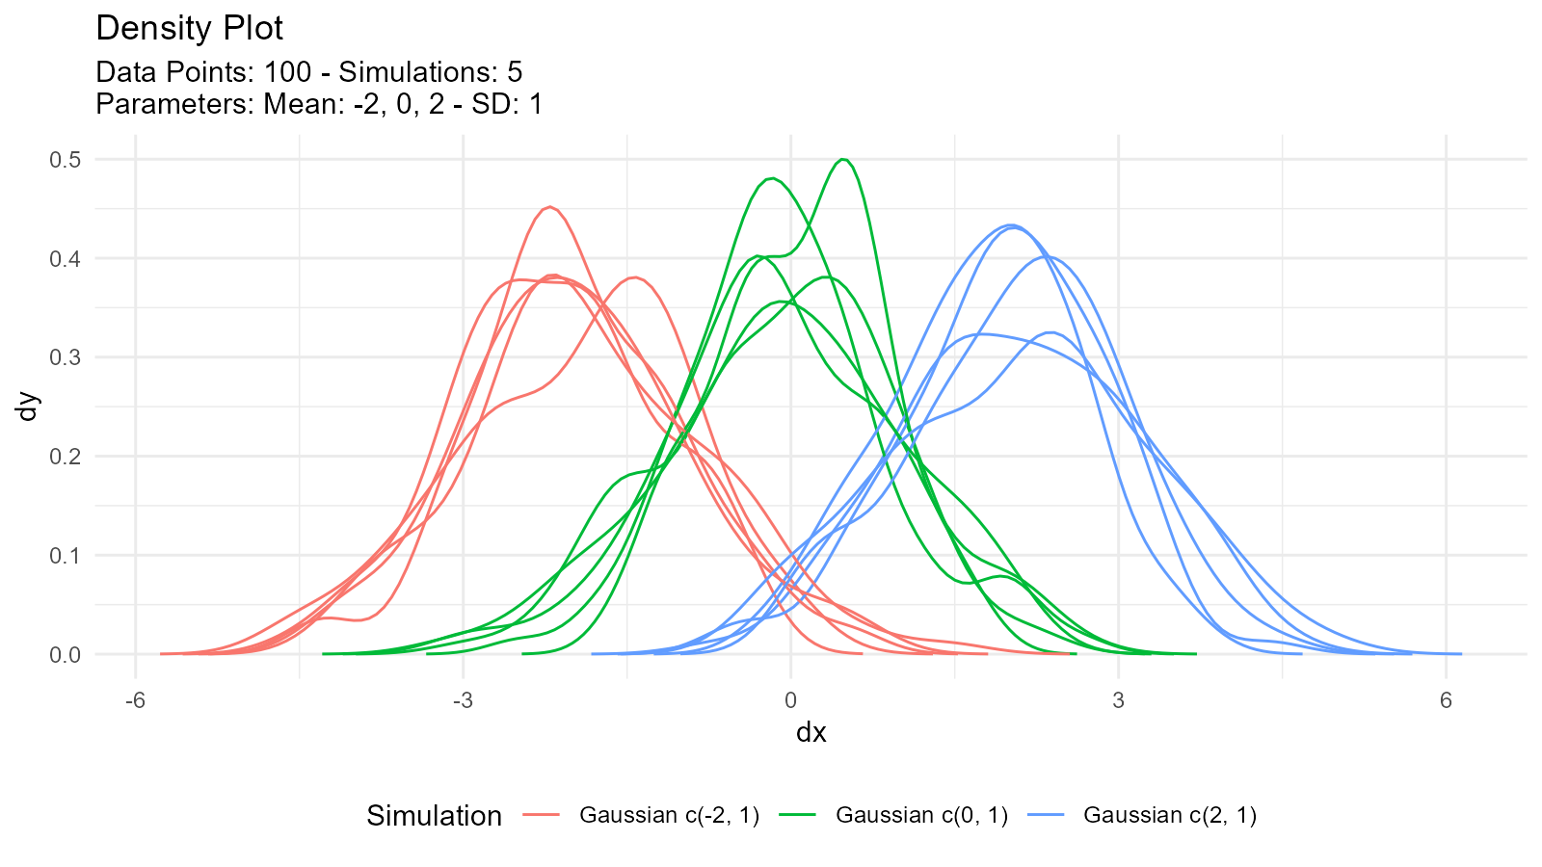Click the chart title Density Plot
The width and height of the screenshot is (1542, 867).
click(189, 29)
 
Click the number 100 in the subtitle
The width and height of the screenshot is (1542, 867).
click(287, 72)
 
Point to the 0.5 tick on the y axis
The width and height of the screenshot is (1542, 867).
click(66, 159)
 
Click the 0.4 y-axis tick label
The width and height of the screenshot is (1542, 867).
click(66, 258)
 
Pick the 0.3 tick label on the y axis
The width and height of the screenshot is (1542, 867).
click(66, 357)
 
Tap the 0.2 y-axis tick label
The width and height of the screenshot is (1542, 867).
click(66, 457)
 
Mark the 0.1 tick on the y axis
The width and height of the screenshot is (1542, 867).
click(66, 556)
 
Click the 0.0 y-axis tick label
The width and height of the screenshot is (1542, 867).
click(66, 655)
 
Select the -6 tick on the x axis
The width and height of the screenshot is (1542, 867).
click(135, 700)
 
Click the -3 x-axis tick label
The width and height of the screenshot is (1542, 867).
click(463, 700)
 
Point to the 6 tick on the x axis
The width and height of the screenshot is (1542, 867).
click(1446, 700)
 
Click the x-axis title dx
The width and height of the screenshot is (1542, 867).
click(811, 733)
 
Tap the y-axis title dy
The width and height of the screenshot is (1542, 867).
click(28, 406)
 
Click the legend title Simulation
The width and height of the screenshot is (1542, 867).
click(434, 816)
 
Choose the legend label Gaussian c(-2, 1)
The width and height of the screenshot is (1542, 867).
click(669, 815)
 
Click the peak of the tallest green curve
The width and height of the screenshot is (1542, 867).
click(843, 159)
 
